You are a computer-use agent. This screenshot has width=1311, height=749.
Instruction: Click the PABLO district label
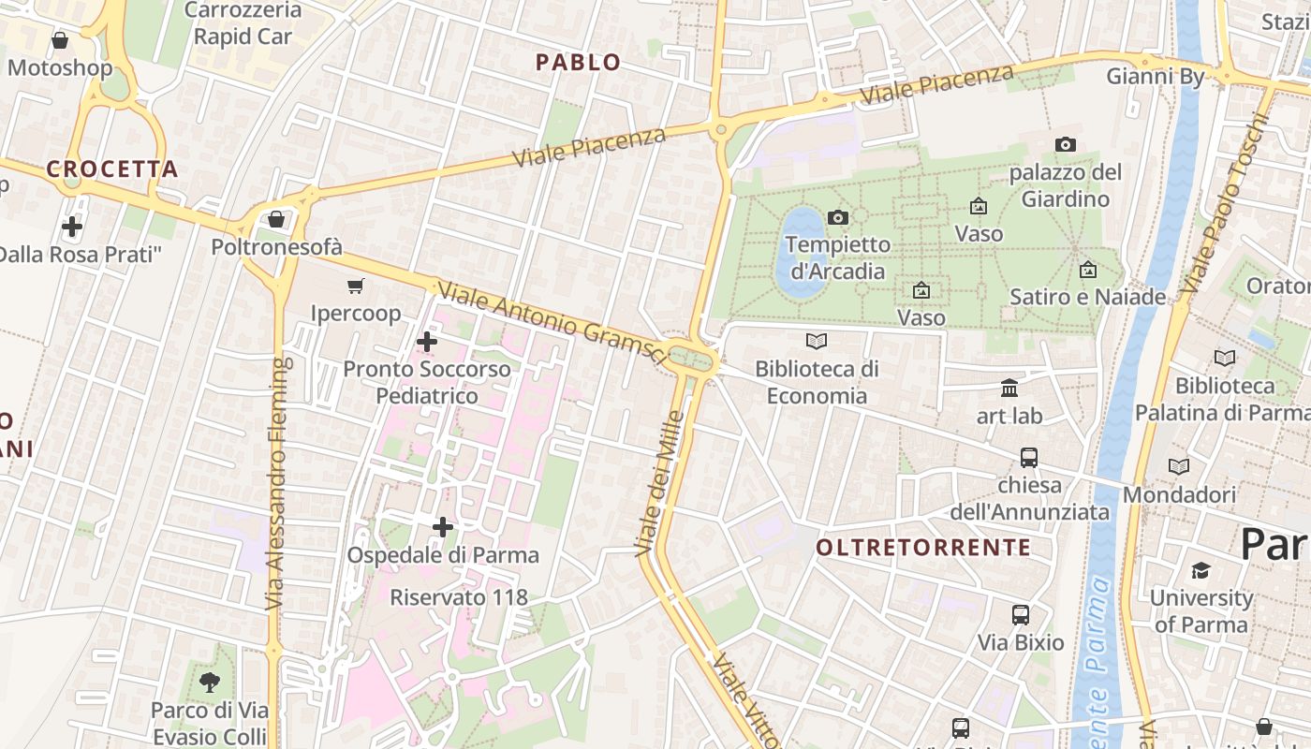coord(578,63)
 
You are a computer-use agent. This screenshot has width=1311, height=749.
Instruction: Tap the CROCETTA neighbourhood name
coord(111,169)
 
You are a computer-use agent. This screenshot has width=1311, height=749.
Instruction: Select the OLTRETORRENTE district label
coord(923,548)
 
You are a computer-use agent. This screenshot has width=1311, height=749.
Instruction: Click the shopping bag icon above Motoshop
coord(60,40)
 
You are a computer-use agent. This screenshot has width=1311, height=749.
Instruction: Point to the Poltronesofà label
coord(277,247)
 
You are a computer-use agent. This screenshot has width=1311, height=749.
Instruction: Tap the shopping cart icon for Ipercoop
coord(355,286)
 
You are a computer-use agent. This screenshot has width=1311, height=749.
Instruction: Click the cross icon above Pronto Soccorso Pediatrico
coord(426,342)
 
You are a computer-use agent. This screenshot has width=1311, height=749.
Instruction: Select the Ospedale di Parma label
coord(443,555)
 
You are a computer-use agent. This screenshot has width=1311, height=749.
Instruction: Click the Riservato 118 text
coord(459,597)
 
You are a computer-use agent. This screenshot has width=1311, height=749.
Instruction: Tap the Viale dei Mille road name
coord(660,482)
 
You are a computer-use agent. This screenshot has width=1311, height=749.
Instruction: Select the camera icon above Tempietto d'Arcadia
coord(838,218)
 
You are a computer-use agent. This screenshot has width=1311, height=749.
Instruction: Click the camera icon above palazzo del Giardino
coord(1065,144)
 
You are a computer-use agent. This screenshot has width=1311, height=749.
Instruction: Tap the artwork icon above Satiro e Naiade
coord(1087,270)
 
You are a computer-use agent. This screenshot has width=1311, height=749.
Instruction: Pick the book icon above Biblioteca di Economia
coord(817,342)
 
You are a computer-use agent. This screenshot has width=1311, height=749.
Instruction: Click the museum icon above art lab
coord(1009,388)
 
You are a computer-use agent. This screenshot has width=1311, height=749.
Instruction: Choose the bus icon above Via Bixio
coord(1021,615)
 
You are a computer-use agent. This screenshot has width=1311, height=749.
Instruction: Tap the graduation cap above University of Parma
coord(1201,570)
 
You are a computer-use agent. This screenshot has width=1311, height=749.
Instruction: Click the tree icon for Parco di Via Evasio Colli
coord(210,683)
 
